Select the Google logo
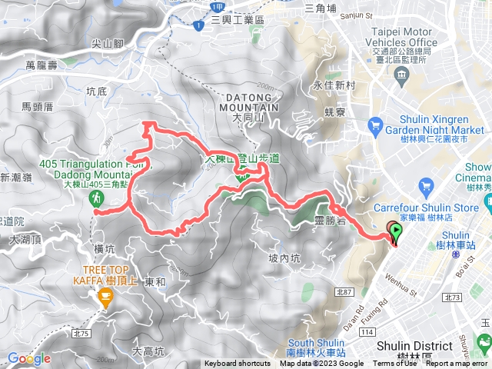29,358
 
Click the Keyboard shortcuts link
238,364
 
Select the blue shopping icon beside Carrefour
427,185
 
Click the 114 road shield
367,331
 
